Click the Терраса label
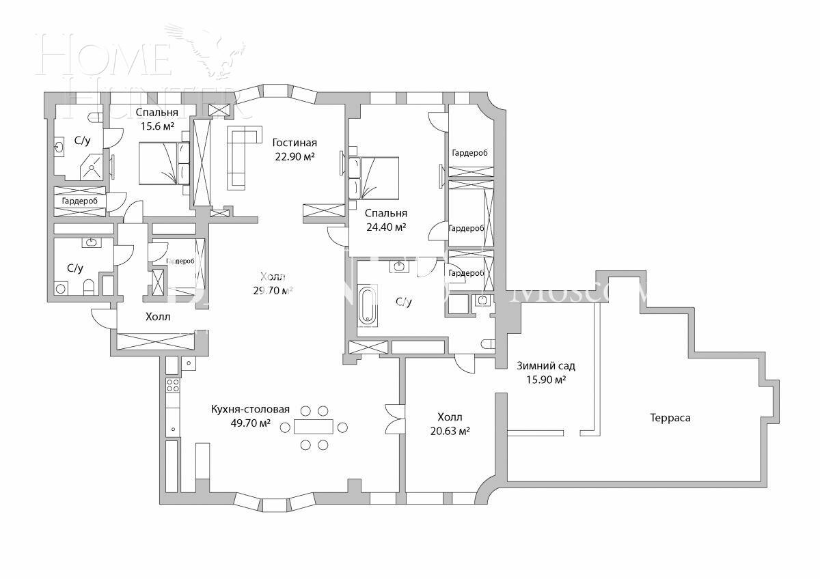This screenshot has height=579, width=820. [670, 417]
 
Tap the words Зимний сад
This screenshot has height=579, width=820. [545, 366]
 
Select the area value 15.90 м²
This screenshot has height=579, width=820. [545, 380]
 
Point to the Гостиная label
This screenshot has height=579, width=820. [295, 143]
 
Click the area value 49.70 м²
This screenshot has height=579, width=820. [251, 423]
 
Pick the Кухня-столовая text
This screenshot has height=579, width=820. [250, 409]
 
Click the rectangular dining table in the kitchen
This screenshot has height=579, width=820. [314, 427]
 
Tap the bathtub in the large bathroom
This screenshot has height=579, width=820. [367, 305]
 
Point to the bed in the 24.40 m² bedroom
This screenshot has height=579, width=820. [373, 177]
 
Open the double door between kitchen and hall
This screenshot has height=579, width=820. [395, 418]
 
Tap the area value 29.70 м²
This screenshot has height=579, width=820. [273, 290]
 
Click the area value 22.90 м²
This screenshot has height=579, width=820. [295, 157]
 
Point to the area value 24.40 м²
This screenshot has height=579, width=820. [386, 227]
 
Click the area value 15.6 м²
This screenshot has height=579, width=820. [156, 126]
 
